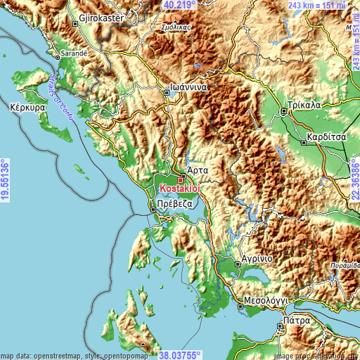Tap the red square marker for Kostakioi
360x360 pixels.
click(180, 180)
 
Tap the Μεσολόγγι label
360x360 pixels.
click(266, 300)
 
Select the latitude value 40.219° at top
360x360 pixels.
click(181, 5)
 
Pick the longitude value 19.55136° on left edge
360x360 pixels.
click(5, 181)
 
